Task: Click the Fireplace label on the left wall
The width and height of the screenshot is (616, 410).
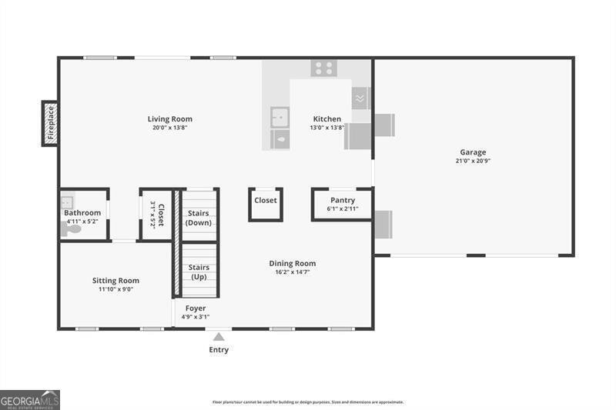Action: pos(50,123)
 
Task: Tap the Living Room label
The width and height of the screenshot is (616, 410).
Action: pos(170,119)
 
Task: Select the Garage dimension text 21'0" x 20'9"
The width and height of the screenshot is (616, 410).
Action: pos(474,162)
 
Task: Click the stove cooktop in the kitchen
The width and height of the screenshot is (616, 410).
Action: pos(323,68)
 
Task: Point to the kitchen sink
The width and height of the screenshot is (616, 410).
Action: pos(280,118)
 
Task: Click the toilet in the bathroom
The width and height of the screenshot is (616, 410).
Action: pos(71,228)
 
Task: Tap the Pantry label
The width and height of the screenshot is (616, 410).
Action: pos(343,200)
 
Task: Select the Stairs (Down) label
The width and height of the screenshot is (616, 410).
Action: pos(199,218)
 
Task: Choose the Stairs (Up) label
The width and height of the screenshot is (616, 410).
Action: pos(199,272)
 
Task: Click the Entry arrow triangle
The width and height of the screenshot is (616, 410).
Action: pos(219,336)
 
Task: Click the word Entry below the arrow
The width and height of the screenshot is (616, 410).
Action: pos(218,350)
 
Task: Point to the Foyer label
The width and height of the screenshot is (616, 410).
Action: pos(196,308)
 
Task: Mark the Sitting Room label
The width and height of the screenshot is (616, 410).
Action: pos(115,281)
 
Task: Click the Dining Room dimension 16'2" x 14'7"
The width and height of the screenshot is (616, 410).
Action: pos(293,272)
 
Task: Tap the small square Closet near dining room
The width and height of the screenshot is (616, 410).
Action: pos(266,201)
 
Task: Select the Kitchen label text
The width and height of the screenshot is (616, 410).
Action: pos(327,119)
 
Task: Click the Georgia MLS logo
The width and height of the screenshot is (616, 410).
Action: pos(30,399)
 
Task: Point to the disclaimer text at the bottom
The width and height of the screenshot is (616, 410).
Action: pos(308,402)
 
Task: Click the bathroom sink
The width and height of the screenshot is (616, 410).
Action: pos(67,203)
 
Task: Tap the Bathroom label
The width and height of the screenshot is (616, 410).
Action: pos(82,213)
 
